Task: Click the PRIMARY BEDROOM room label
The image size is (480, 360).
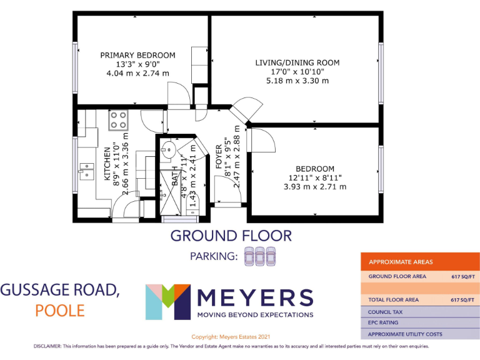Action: [137, 55]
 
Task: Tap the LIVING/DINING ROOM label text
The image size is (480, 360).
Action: [297, 62]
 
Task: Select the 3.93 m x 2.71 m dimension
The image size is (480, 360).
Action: [314, 186]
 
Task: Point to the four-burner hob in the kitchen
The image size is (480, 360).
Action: [117, 120]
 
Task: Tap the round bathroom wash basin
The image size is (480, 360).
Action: [167, 149]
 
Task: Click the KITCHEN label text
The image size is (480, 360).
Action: [107, 164]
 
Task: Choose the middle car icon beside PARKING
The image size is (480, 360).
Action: [259, 256]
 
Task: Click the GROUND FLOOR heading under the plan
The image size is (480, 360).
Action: [231, 236]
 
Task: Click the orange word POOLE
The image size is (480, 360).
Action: [60, 311]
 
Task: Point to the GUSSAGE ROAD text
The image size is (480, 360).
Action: [59, 289]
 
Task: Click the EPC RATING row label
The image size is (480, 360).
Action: [384, 322]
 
